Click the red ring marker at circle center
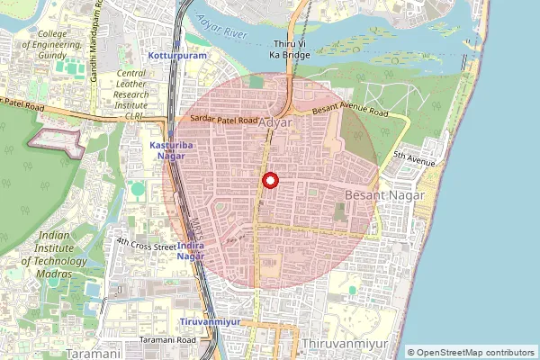(270, 181)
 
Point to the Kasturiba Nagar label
(166, 150)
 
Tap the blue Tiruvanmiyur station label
(208, 321)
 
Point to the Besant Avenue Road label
(350, 112)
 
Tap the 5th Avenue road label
(413, 158)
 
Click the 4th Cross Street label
(146, 244)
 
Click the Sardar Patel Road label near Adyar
(223, 119)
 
